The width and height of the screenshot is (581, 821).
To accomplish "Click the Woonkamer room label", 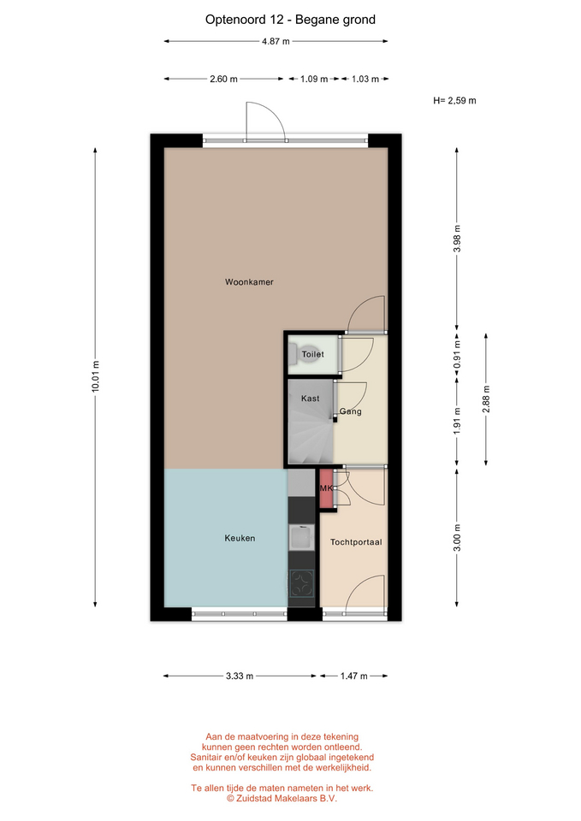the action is point(249,281).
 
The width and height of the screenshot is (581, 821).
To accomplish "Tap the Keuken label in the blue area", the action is point(240,538).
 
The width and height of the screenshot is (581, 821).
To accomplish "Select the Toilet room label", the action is point(313,354).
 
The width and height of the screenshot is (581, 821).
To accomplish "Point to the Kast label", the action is point(310,399).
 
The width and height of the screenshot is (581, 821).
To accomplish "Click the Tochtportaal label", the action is point(356,542).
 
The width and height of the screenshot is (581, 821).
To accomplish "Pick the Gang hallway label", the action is point(351,411).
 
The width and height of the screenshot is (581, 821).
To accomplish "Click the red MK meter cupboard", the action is point(326,488).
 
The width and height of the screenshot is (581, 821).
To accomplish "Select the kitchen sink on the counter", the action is point(302,537).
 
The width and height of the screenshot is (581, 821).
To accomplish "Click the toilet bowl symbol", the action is point(293,353).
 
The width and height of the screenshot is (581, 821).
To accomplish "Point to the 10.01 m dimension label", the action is point(95,376).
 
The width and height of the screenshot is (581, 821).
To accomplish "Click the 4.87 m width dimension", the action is point(276,41).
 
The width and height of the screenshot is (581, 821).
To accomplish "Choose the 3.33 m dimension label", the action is point(240,676).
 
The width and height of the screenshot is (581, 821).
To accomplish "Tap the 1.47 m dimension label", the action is point(354,676).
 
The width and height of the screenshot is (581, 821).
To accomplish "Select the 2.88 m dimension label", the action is point(486,399).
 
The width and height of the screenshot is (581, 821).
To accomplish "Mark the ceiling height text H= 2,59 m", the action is point(454,101).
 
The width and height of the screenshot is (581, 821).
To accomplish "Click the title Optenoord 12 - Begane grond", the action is point(290,20).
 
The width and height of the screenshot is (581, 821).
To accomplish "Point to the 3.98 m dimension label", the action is point(457,239).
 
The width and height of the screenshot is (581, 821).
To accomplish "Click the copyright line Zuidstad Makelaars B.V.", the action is point(282,798).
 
